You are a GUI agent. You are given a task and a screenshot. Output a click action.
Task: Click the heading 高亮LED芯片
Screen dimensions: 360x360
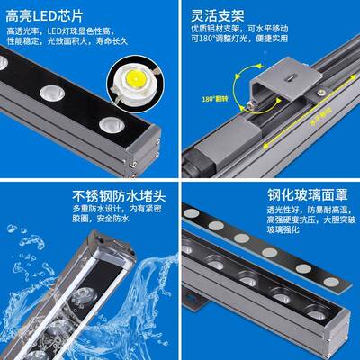[50, 15]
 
